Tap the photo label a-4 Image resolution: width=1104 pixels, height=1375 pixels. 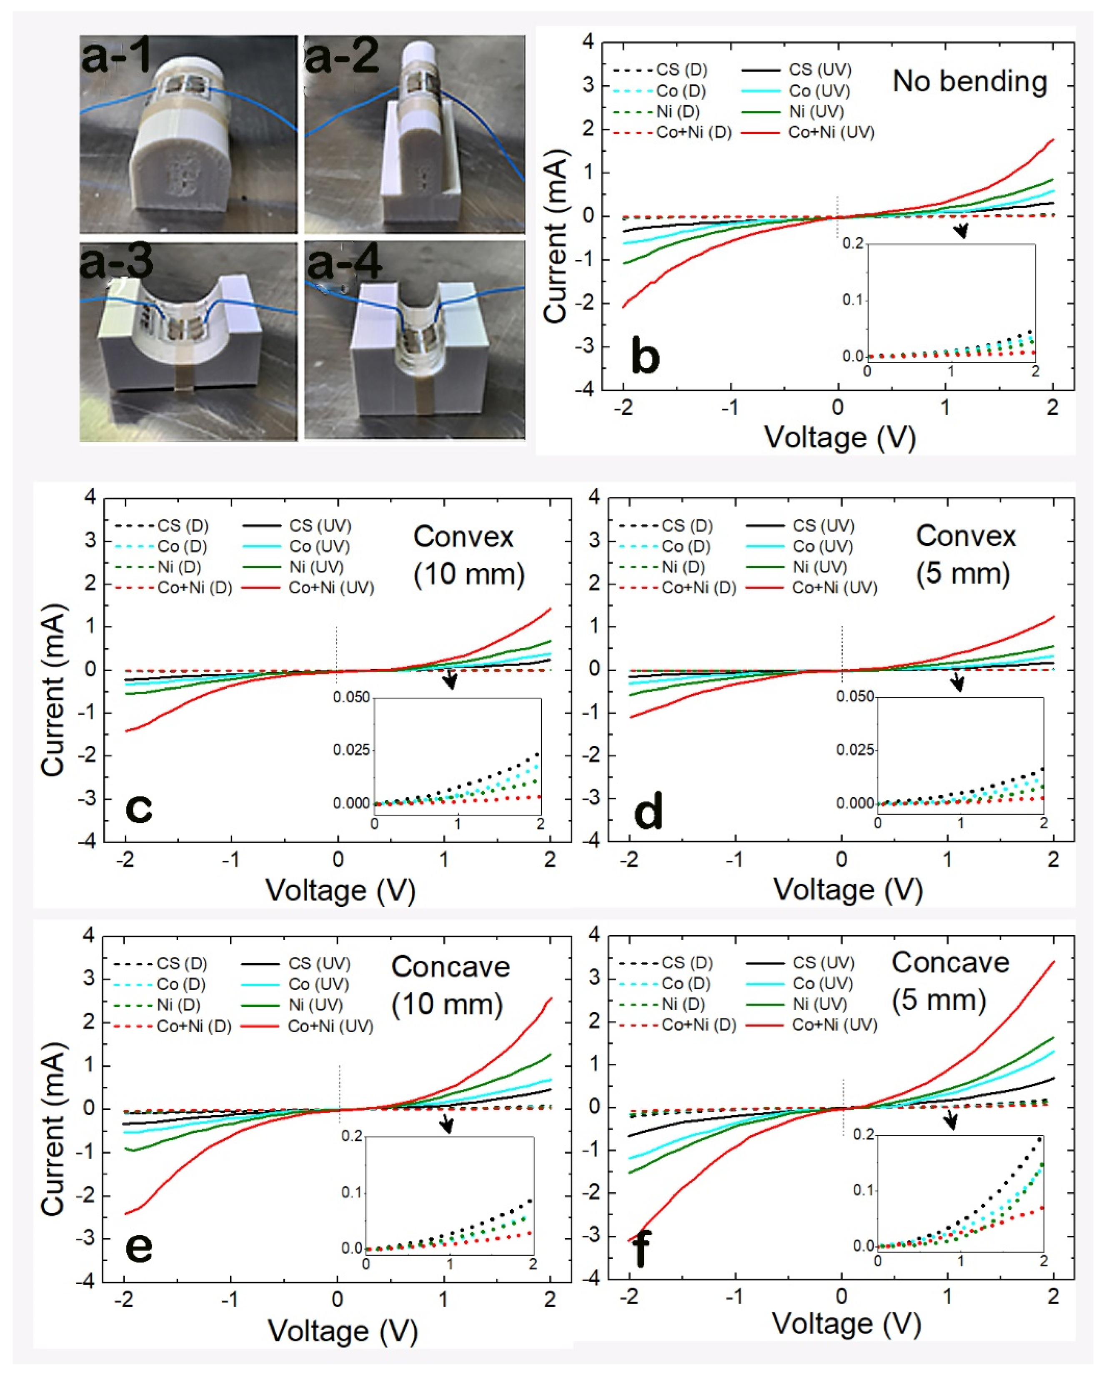[x=344, y=263]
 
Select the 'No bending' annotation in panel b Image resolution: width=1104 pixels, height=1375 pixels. [x=969, y=82]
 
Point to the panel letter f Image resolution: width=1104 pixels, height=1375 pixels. [x=641, y=1249]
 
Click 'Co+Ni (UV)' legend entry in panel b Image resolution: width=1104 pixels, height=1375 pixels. [x=831, y=133]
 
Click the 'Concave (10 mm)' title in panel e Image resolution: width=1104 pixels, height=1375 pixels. [x=449, y=985]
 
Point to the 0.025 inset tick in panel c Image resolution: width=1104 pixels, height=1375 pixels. [x=351, y=749]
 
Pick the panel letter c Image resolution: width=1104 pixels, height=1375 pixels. [x=139, y=808]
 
